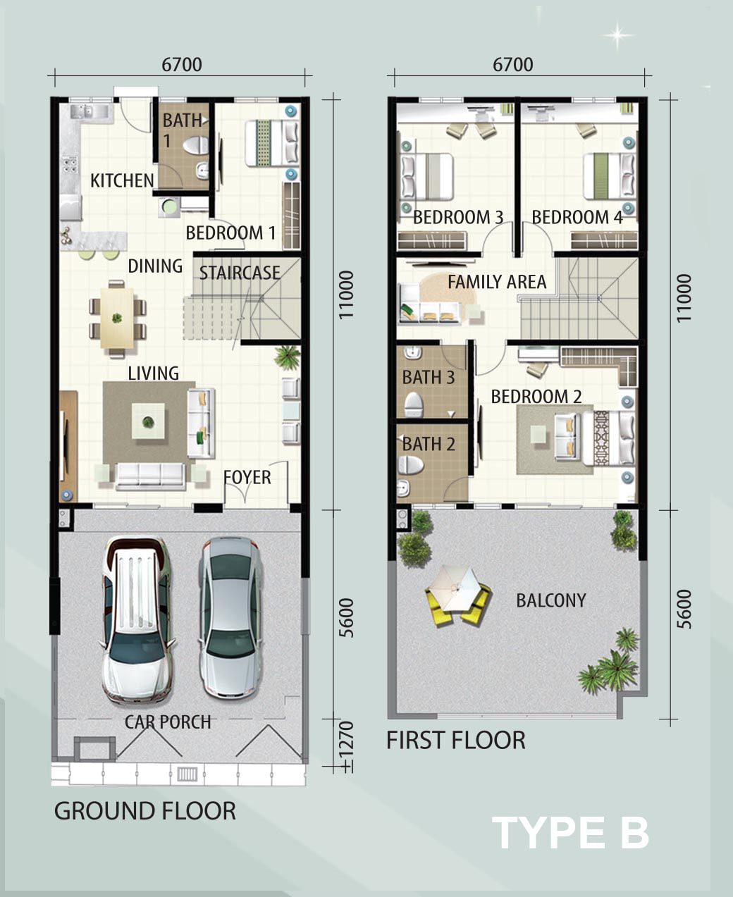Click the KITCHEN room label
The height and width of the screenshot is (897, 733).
(122, 181)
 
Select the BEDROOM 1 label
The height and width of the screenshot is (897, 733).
(230, 233)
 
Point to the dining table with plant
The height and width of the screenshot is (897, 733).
(117, 318)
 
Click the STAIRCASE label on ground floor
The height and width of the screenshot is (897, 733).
(240, 273)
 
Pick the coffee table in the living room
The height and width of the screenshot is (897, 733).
(148, 421)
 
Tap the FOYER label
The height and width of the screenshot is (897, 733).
(247, 477)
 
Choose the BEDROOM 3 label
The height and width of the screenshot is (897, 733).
(458, 217)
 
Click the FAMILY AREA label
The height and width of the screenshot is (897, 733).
(497, 282)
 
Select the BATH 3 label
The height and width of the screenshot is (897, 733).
(429, 377)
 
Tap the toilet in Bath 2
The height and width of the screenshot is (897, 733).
(410, 465)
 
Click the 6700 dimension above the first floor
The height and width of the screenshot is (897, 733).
(512, 65)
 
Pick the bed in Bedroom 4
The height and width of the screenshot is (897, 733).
(610, 176)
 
